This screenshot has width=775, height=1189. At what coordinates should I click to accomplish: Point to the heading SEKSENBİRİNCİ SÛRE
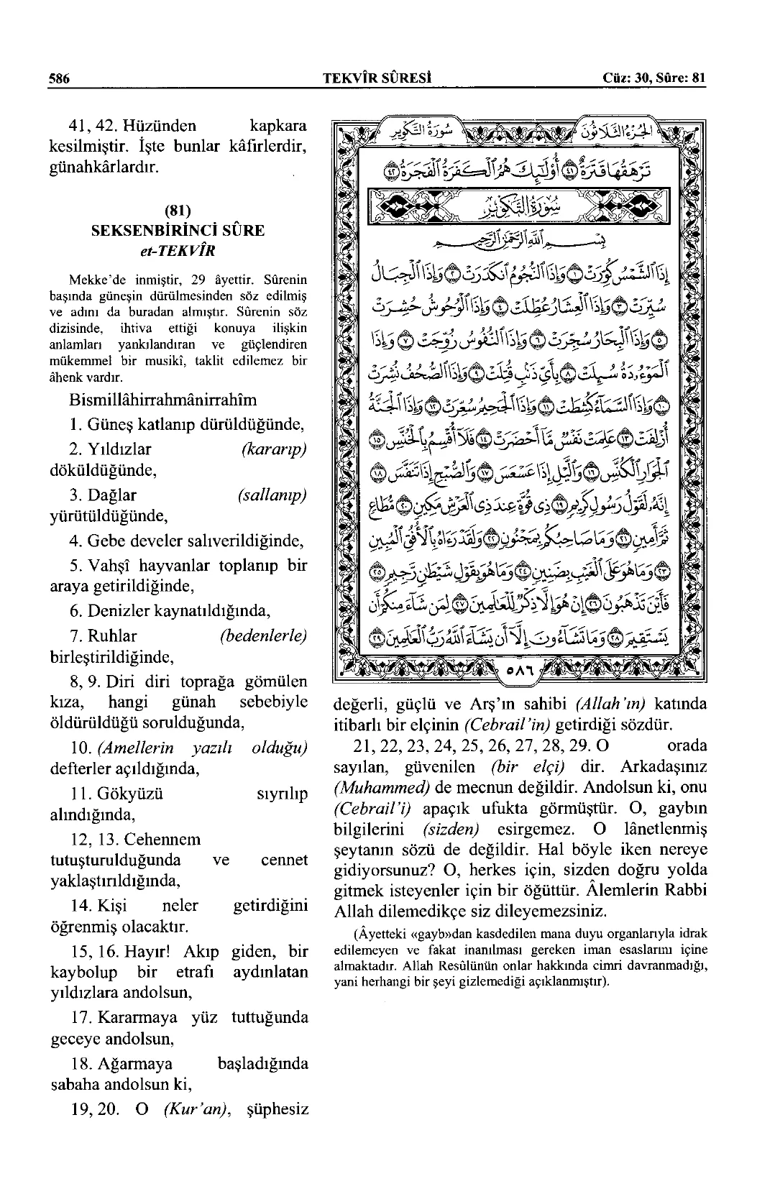(178, 231)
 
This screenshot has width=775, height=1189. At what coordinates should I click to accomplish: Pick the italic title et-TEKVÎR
(178, 251)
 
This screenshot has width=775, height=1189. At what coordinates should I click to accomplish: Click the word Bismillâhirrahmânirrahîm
(163, 400)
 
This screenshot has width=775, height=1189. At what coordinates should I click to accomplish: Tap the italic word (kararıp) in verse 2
(274, 449)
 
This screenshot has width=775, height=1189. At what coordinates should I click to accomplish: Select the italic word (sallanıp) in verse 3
(271, 495)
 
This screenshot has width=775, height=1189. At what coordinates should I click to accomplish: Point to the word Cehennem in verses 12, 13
(162, 840)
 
